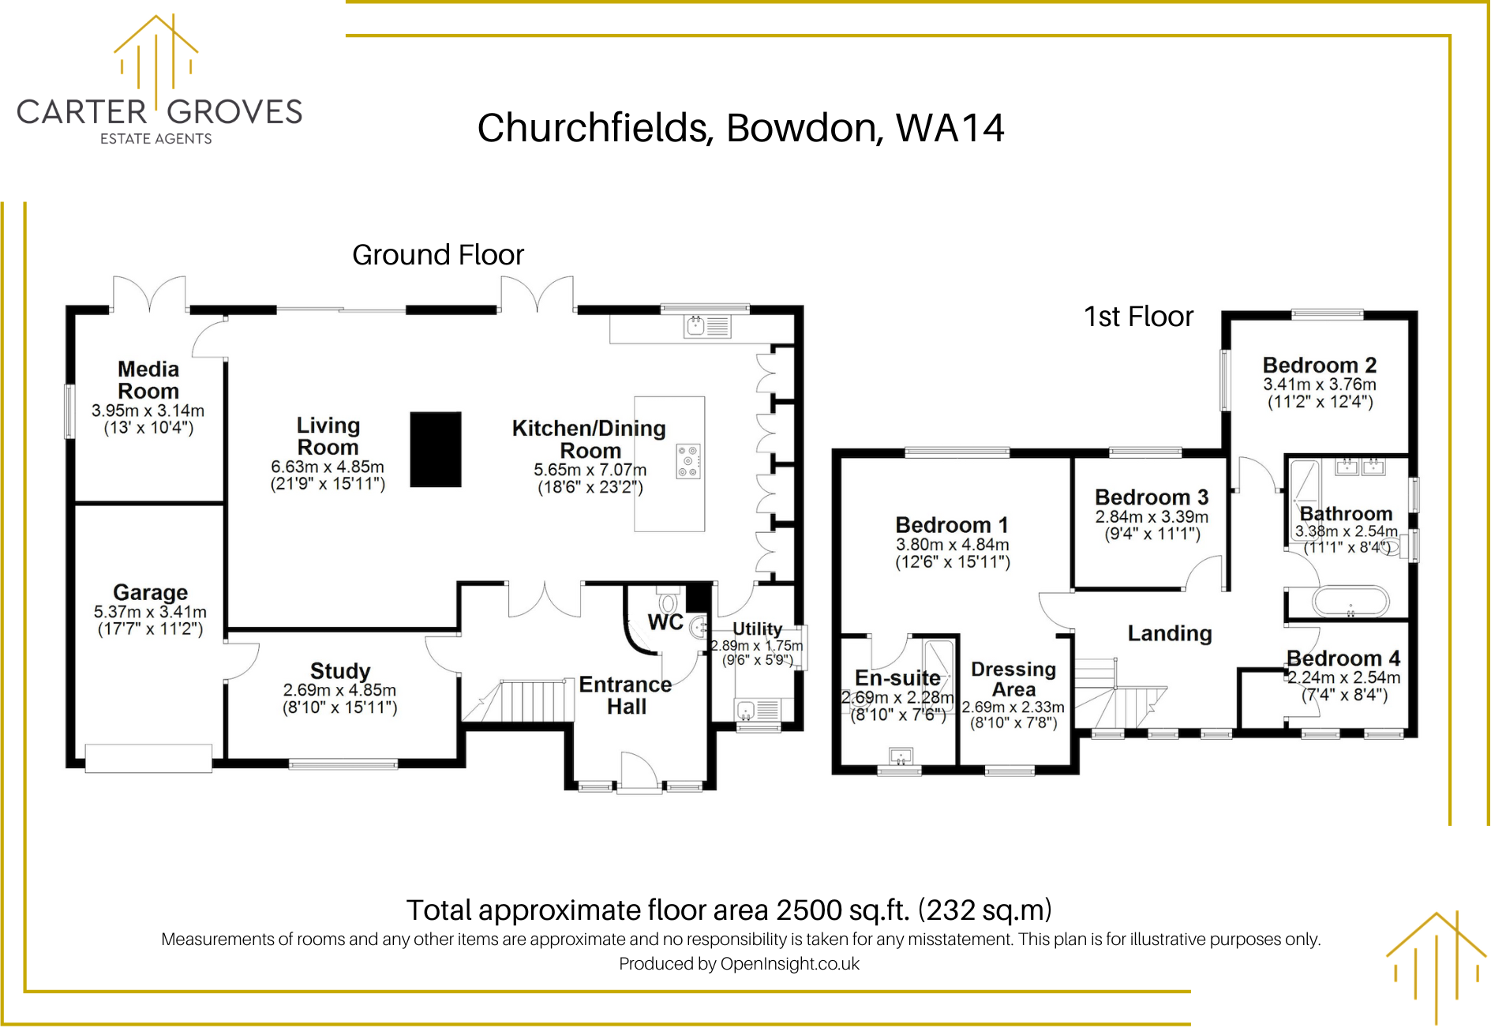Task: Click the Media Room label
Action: [148, 380]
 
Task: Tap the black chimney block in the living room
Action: [436, 449]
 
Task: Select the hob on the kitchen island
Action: [688, 461]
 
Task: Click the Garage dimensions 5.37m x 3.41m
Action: [150, 612]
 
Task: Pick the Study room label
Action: [340, 671]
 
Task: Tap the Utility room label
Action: [758, 628]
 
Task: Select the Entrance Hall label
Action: [626, 696]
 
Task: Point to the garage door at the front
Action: [148, 758]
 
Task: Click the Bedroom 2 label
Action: [1320, 365]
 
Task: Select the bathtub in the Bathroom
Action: [1351, 602]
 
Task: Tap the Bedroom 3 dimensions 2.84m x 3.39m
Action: [1152, 516]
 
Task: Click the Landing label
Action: [1170, 633]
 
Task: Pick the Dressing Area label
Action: [1013, 679]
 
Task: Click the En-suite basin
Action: [901, 756]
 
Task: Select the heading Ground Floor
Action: [438, 255]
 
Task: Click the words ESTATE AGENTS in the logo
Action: [156, 139]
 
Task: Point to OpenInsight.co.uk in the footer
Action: [790, 963]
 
